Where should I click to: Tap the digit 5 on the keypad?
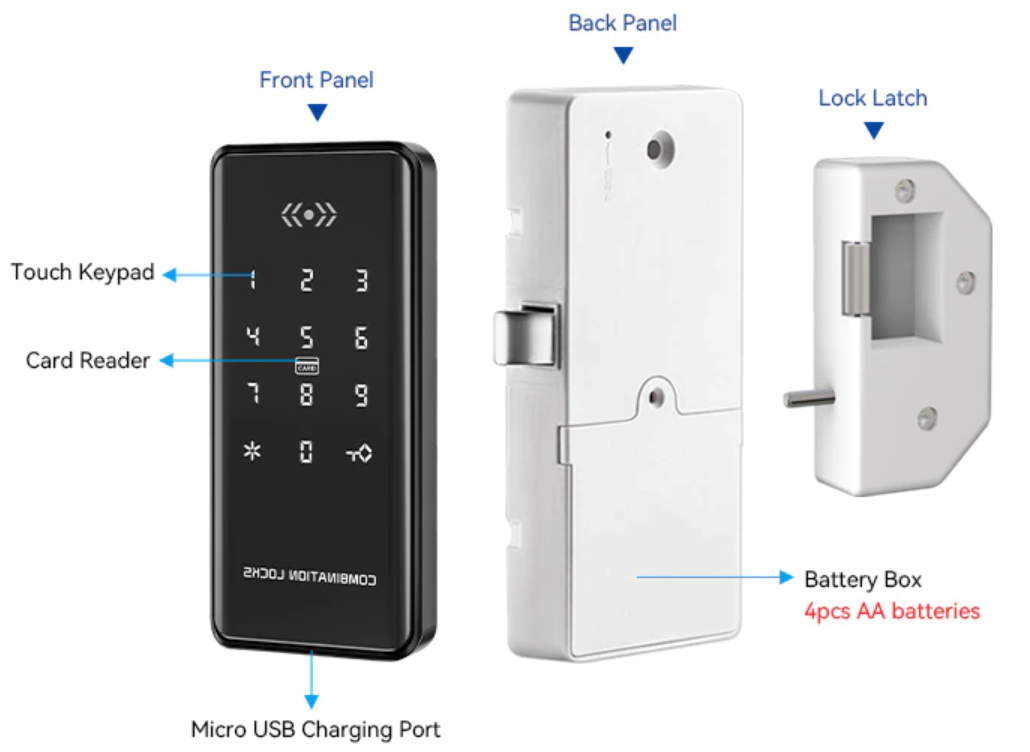point(306,338)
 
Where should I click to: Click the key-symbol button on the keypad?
point(359,453)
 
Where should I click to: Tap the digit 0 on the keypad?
point(306,452)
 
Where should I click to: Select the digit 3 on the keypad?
point(361,280)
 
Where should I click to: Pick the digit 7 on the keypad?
point(253,394)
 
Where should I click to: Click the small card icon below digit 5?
point(307,366)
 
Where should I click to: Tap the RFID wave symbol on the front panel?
point(309,214)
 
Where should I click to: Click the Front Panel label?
point(317,80)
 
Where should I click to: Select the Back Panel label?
point(623,23)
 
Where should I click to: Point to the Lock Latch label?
point(873,98)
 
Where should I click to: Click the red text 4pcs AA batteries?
point(892,611)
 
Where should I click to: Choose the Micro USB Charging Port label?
point(315,730)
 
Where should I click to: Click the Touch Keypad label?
point(83,272)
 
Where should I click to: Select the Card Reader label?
point(88,361)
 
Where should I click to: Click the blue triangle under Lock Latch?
point(874,130)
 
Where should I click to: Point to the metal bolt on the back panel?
point(527,335)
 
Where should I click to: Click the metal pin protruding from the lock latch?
point(809,398)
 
